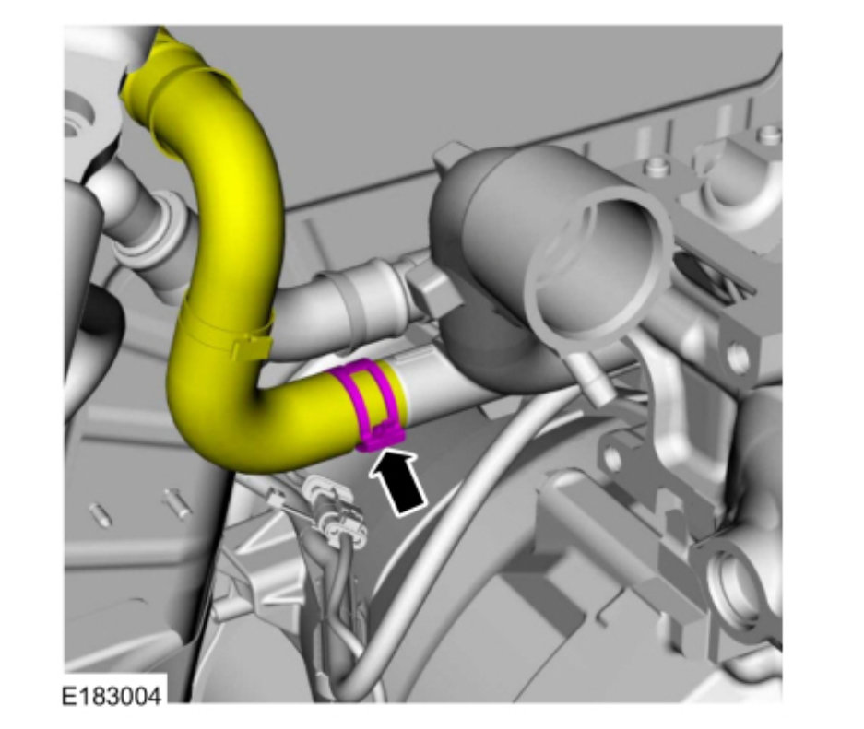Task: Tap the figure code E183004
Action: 112,696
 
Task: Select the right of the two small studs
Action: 177,502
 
